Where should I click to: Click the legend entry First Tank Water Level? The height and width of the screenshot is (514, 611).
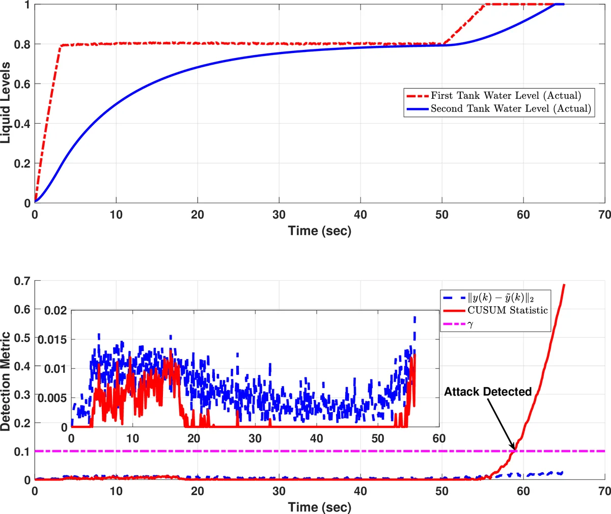506,95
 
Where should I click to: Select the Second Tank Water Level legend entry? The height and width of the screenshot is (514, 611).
511,109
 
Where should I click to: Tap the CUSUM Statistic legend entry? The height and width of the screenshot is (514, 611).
508,310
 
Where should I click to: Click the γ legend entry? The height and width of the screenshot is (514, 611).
470,324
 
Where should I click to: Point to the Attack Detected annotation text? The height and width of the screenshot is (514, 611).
488,392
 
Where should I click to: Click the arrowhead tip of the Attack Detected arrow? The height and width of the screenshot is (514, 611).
515,450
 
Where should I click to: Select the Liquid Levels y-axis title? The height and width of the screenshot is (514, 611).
6,102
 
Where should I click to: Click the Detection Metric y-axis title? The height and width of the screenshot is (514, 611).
6,382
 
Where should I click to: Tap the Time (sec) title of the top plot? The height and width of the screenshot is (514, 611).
320,231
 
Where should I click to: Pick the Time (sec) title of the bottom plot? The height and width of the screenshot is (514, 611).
320,507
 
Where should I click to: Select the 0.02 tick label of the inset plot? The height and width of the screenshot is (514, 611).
55,310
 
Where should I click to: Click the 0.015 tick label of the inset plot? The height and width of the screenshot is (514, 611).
53,339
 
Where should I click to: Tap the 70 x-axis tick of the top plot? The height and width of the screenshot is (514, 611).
604,215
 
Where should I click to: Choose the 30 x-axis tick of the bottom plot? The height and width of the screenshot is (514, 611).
279,492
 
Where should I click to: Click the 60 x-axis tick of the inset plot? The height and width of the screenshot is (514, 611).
439,439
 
